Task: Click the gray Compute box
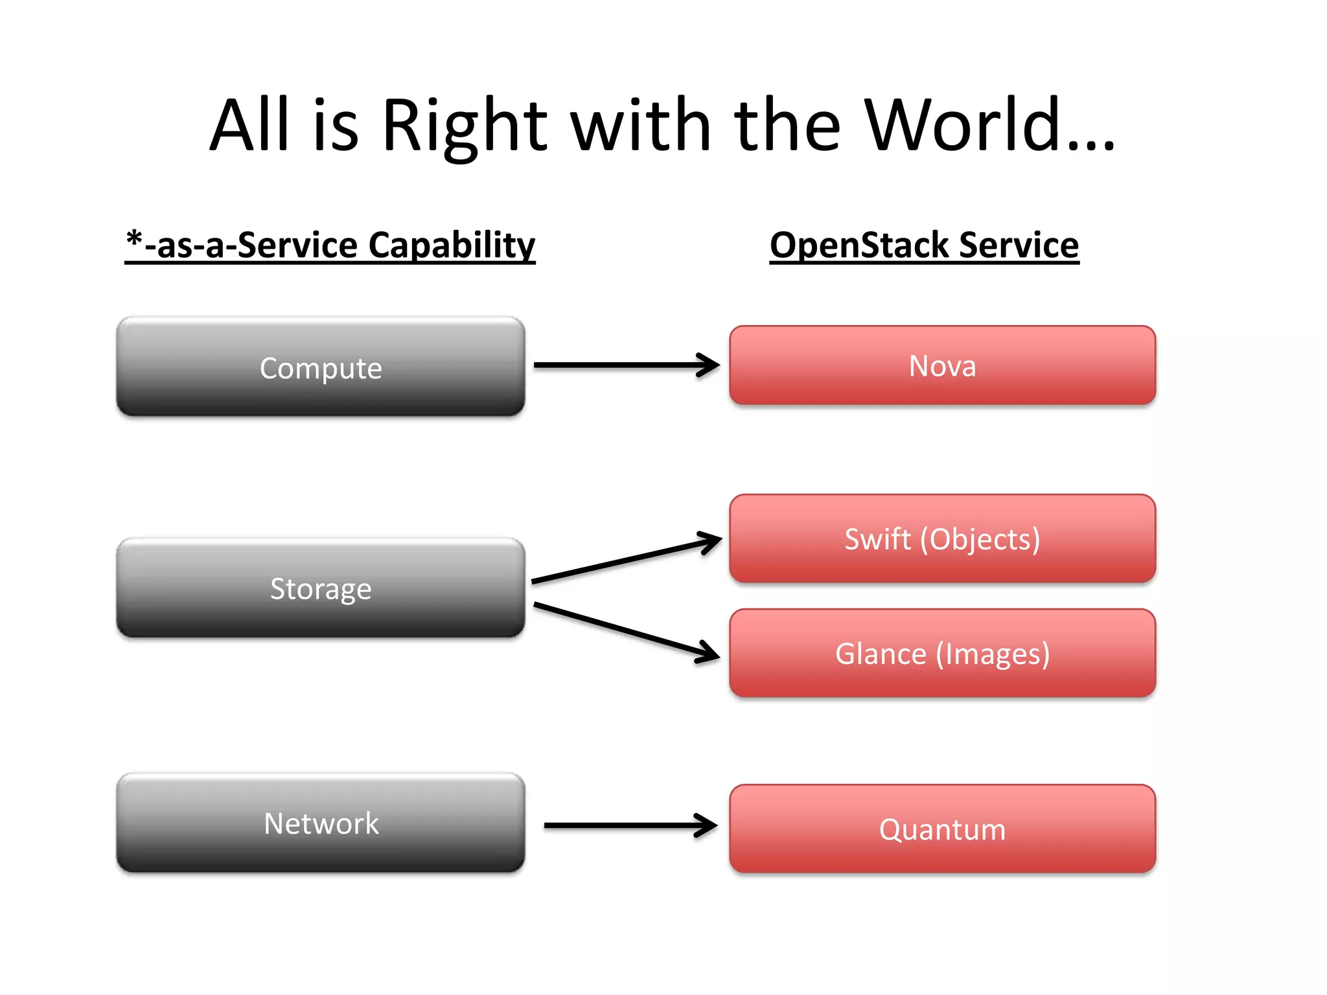[x=320, y=367]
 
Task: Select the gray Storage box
[x=320, y=588]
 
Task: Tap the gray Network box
[x=320, y=823]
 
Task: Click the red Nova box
[x=942, y=366]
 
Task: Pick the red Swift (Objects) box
[x=942, y=539]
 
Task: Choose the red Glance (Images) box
[x=942, y=654]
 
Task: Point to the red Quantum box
[x=942, y=829]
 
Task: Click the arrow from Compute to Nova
[x=625, y=365]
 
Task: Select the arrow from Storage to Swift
[x=625, y=560]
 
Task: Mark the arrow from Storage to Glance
[x=625, y=632]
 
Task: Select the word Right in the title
[x=464, y=126]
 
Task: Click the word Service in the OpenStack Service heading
[x=1019, y=245]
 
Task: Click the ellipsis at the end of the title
[x=1092, y=146]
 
